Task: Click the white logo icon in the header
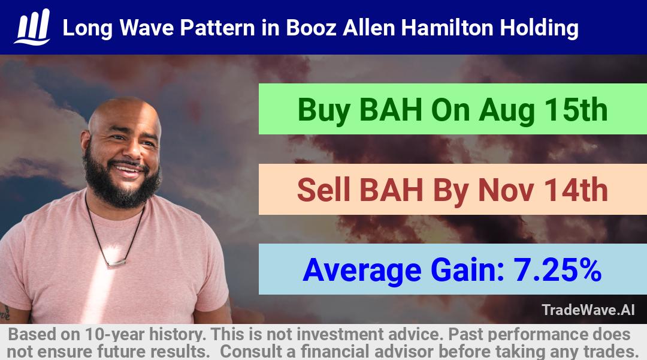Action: [32, 27]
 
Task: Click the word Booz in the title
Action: [311, 28]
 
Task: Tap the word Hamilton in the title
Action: [447, 28]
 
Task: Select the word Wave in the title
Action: [146, 28]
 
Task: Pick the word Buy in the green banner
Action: [324, 110]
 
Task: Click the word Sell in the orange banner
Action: [323, 190]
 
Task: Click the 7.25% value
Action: [557, 270]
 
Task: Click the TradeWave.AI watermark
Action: [588, 310]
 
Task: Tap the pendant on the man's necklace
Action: [116, 262]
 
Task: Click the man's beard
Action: [122, 182]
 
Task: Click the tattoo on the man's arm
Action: [5, 313]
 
